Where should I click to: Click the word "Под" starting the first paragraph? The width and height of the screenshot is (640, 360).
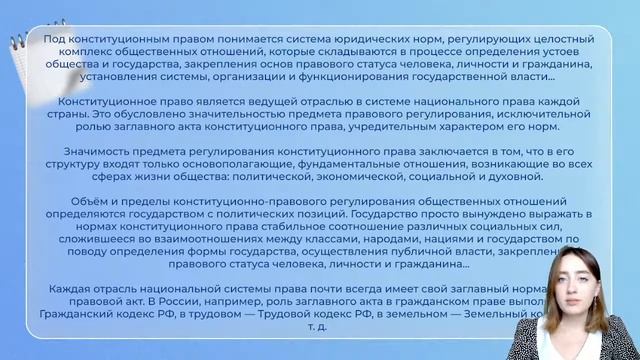[x=56, y=39]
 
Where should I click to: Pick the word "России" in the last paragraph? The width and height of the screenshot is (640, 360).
[x=155, y=302]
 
